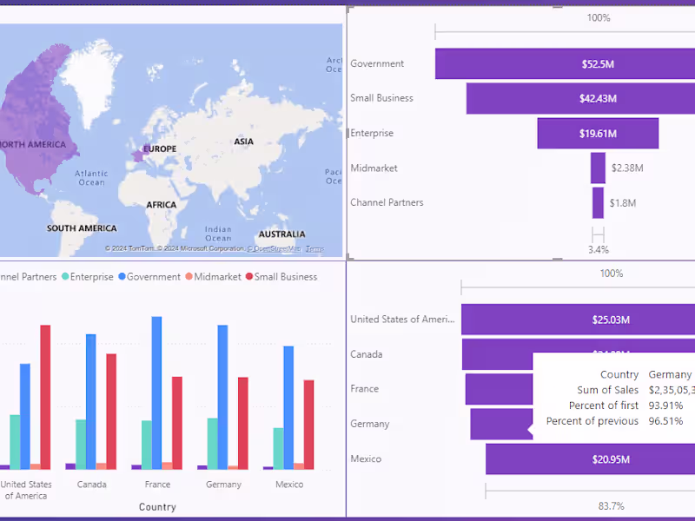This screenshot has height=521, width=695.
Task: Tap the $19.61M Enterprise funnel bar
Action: click(x=598, y=133)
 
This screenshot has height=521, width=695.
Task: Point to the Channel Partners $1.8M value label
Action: click(x=622, y=203)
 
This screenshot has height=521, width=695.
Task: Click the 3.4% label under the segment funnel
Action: click(x=598, y=249)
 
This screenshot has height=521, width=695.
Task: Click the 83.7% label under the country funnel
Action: click(x=612, y=505)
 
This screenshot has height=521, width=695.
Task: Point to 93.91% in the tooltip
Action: click(x=665, y=406)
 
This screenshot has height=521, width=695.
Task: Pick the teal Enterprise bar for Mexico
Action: click(x=278, y=448)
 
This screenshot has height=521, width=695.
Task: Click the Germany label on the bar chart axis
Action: click(x=223, y=485)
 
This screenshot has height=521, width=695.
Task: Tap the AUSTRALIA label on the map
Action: click(x=281, y=234)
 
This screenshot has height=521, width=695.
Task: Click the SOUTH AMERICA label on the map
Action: click(x=82, y=228)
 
